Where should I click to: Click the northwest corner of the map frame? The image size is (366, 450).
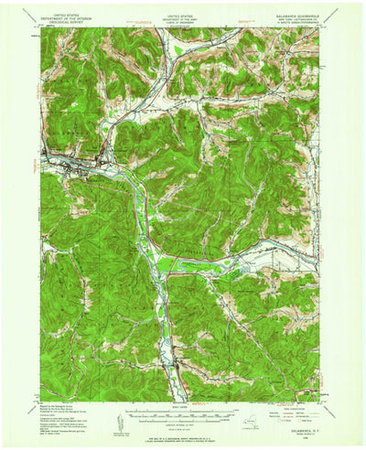tap(42, 27)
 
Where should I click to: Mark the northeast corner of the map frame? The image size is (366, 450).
tap(319, 27)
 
